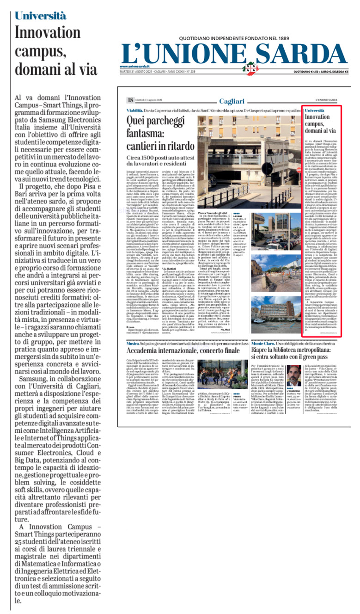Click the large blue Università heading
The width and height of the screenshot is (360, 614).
click(40, 15)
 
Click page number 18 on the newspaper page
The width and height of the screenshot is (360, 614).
click(124, 100)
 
